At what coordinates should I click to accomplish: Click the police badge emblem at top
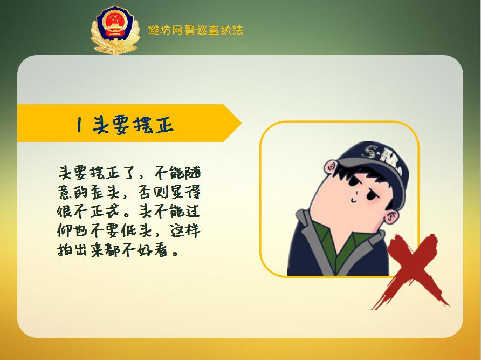point(114,30)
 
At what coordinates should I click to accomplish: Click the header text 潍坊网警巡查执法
point(195,30)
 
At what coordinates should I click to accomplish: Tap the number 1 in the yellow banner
point(79,125)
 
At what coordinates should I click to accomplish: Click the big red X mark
point(414,270)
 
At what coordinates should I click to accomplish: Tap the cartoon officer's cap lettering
point(377,157)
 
